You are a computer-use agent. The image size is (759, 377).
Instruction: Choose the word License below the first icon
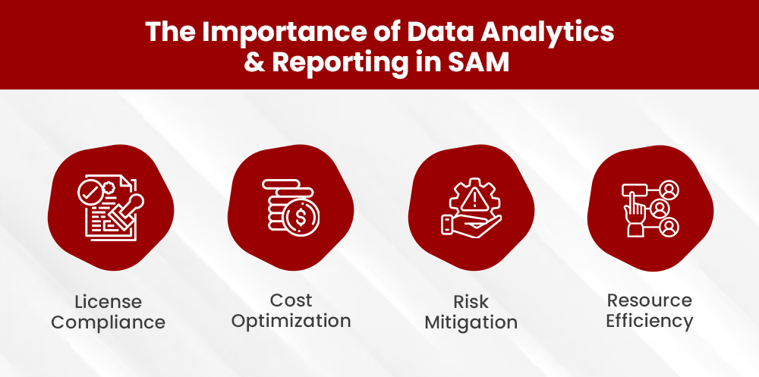pyautogui.click(x=109, y=301)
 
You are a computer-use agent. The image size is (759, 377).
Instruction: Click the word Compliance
pyautogui.click(x=109, y=322)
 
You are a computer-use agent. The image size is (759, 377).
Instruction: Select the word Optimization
pyautogui.click(x=291, y=320)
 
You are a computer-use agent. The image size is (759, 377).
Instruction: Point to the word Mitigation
pyautogui.click(x=471, y=322)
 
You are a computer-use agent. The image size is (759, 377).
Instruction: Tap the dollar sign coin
pyautogui.click(x=302, y=215)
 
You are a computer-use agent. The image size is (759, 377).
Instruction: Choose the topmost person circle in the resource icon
pyautogui.click(x=669, y=190)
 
